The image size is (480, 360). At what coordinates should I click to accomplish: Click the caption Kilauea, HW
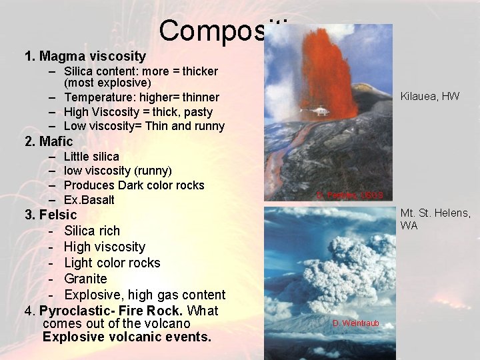click(x=429, y=96)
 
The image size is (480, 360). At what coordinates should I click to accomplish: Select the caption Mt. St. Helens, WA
click(x=435, y=219)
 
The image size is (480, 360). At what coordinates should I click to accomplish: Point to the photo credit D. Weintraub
click(x=356, y=323)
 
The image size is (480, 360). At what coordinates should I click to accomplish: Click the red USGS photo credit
click(x=350, y=195)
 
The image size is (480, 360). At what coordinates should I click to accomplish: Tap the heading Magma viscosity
click(x=92, y=56)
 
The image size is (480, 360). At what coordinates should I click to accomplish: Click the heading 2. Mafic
click(x=49, y=141)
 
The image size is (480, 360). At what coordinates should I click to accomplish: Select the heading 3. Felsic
click(x=51, y=215)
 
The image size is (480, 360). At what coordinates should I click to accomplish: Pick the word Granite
click(x=85, y=279)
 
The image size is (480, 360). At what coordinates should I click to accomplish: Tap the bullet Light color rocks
click(x=112, y=263)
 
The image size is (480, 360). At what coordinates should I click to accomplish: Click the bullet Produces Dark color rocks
click(x=133, y=185)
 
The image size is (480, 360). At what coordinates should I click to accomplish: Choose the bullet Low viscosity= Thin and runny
click(x=144, y=126)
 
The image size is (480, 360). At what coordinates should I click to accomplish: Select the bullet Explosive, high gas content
click(x=145, y=295)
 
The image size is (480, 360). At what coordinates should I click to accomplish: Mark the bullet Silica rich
click(x=92, y=231)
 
